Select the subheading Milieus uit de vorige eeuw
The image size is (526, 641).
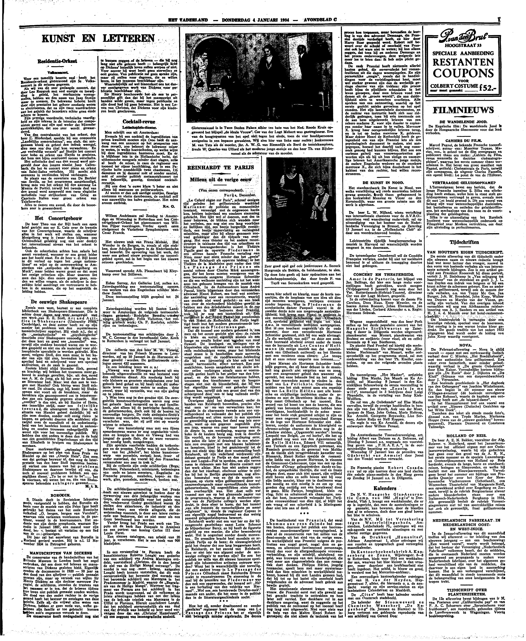point(221,179)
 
